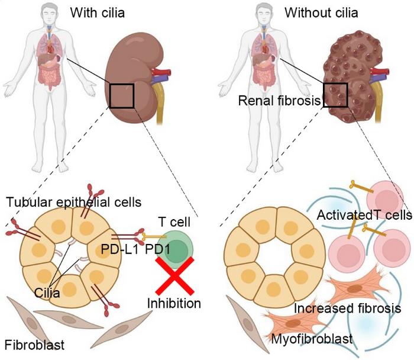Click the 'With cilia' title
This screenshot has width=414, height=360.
(97, 11)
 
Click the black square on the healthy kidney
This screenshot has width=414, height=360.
(121, 95)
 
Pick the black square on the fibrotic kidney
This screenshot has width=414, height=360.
(335, 94)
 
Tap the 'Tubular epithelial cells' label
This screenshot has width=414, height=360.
(74, 202)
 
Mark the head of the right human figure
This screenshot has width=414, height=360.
(263, 12)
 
